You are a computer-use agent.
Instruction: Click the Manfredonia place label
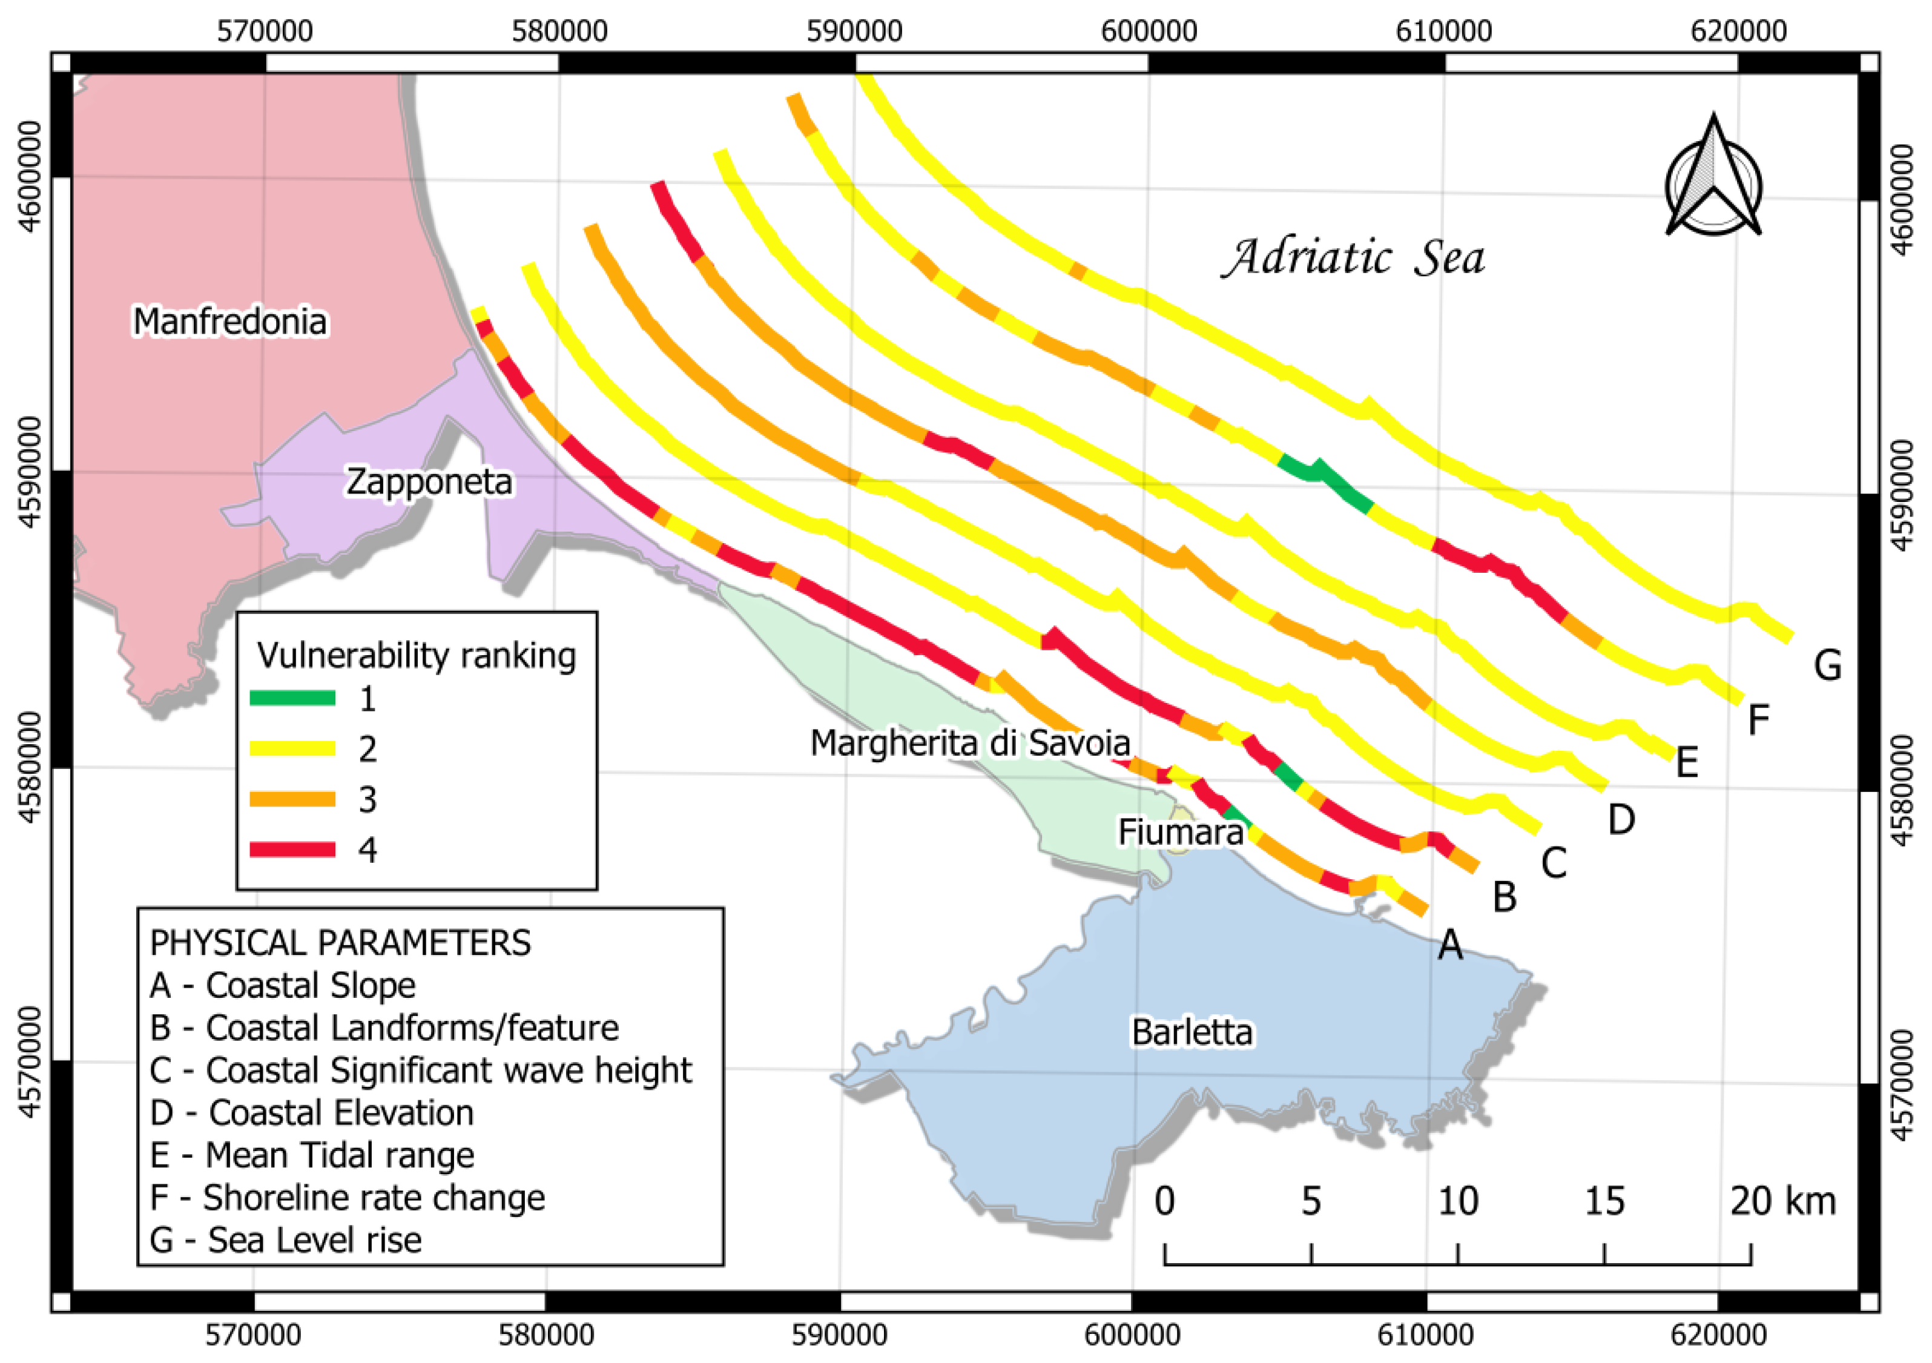click(229, 322)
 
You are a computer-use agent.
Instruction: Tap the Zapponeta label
click(429, 482)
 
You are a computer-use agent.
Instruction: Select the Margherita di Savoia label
click(969, 744)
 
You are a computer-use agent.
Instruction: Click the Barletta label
click(1192, 1032)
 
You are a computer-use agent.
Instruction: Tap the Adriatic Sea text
click(1353, 257)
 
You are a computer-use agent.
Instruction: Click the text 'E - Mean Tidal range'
click(311, 1155)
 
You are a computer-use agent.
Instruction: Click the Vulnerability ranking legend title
click(417, 655)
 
